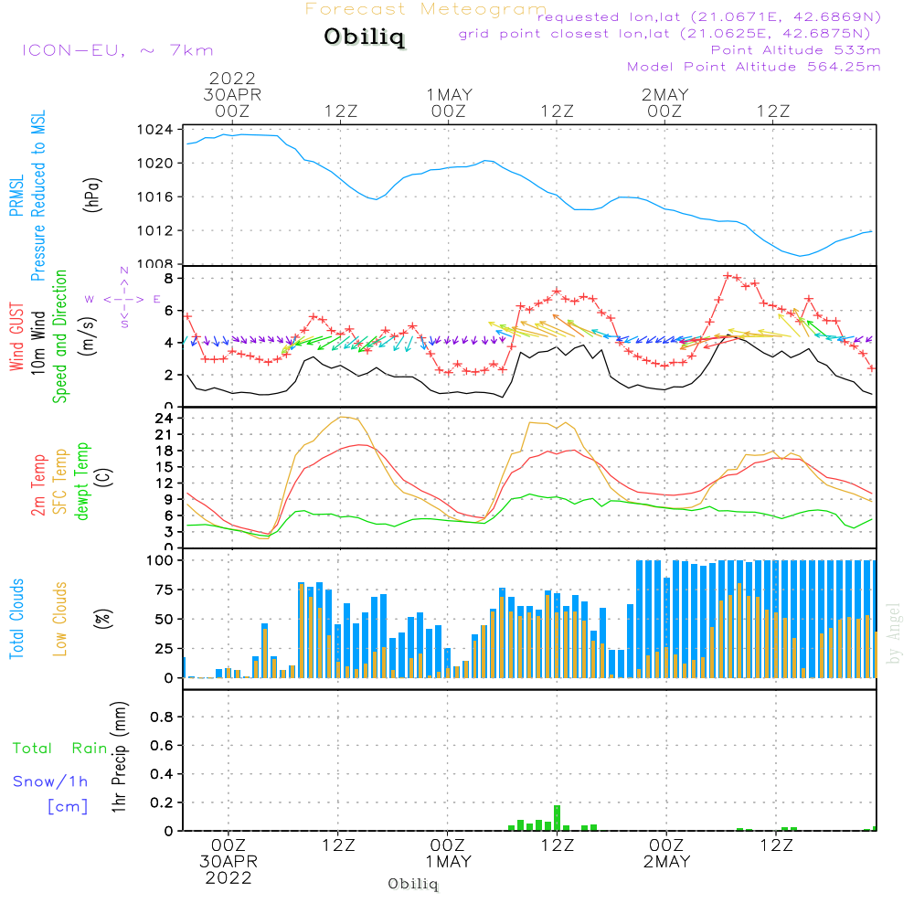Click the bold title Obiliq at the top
click(365, 37)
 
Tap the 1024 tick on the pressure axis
click(155, 130)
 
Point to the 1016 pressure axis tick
click(155, 197)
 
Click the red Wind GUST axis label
click(16, 336)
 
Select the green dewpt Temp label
click(81, 481)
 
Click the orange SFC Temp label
click(60, 482)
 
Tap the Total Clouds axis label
click(16, 619)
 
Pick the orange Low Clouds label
click(59, 619)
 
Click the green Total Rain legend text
click(60, 748)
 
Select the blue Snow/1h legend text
click(50, 781)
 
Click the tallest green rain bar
click(558, 818)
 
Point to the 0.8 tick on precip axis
click(162, 717)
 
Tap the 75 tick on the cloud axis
click(164, 590)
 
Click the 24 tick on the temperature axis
click(164, 418)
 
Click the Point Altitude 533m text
click(796, 50)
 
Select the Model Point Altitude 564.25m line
click(754, 67)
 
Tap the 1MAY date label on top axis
click(449, 94)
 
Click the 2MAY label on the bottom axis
click(667, 862)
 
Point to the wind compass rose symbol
click(124, 299)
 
